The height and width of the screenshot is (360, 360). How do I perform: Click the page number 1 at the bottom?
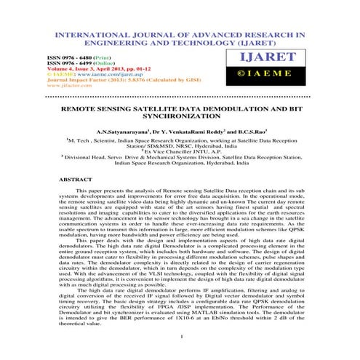coord(180,337)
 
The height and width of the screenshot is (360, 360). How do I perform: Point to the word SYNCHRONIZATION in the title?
coord(180,116)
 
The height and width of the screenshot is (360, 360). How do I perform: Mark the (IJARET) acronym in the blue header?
coord(236,42)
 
